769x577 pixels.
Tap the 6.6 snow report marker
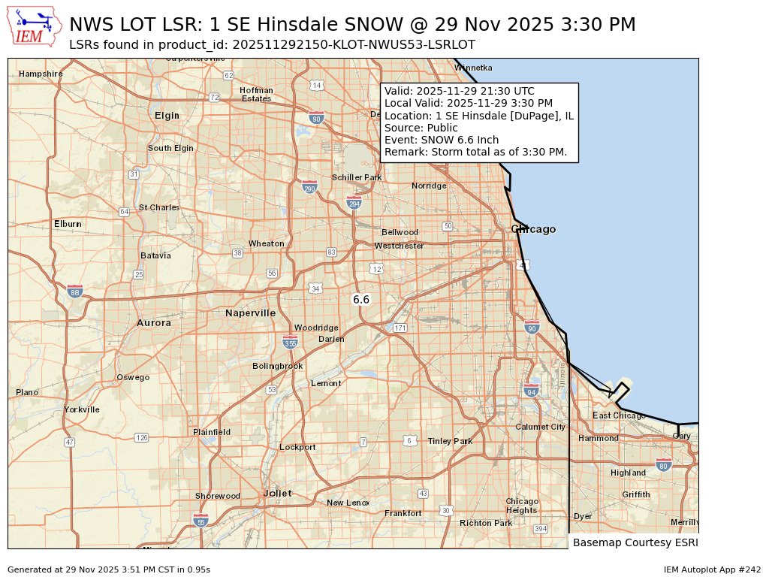click(361, 300)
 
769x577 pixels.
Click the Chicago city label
click(533, 229)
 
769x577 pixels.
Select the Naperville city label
click(250, 313)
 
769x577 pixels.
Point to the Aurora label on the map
click(154, 322)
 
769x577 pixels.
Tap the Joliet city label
click(277, 493)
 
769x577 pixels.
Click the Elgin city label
click(167, 115)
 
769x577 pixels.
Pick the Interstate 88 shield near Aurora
click(74, 292)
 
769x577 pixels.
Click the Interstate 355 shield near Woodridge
click(290, 343)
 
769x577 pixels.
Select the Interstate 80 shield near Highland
click(663, 464)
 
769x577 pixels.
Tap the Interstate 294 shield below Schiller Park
click(354, 203)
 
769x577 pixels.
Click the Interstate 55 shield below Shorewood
click(200, 520)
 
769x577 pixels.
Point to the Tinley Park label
click(450, 441)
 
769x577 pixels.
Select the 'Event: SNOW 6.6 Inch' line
click(441, 140)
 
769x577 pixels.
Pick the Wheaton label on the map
click(267, 243)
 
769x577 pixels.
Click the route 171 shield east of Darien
click(400, 328)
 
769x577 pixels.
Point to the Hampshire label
click(41, 74)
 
